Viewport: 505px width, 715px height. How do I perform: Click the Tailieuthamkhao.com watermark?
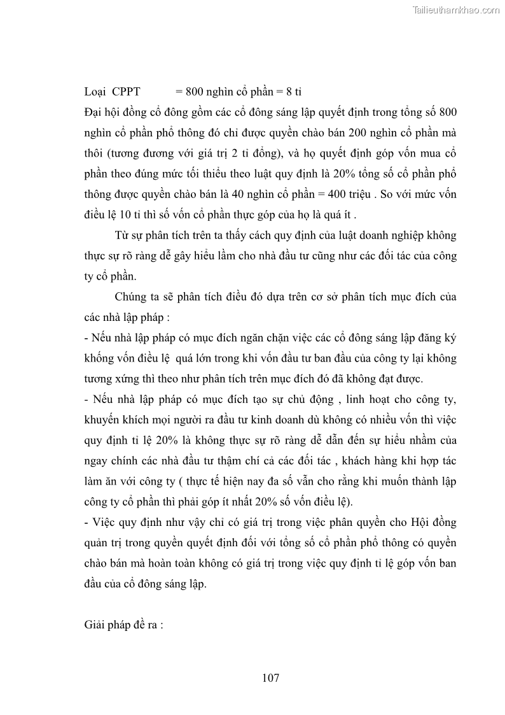coord(457,10)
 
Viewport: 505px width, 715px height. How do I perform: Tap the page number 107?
coord(270,677)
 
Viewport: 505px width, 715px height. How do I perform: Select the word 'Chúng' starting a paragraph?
coord(130,297)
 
